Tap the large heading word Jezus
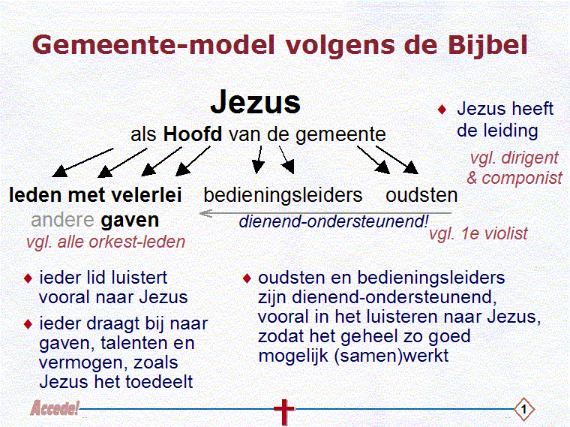point(256,102)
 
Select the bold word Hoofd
point(193,134)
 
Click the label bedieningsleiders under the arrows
point(283,195)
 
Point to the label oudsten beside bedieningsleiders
point(421,195)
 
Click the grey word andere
point(62,220)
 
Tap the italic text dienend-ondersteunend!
point(334,221)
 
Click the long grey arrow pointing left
point(325,213)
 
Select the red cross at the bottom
point(284,411)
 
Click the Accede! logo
point(55,408)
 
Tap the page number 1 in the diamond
point(523,410)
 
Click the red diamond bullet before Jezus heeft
point(442,109)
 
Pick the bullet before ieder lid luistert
point(28,278)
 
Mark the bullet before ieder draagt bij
point(28,324)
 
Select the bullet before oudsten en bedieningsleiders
point(247,278)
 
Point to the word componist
point(522,179)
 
